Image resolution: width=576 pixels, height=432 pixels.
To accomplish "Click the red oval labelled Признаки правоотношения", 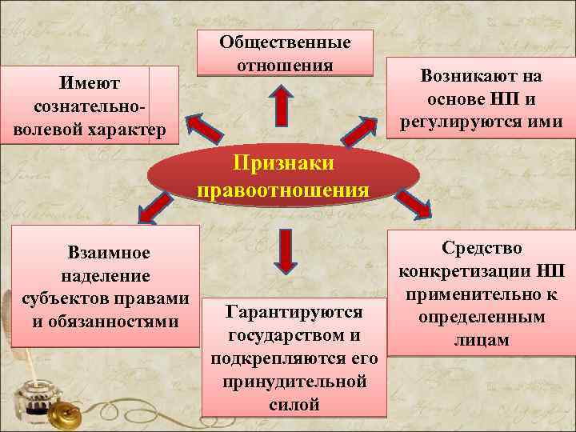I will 283,177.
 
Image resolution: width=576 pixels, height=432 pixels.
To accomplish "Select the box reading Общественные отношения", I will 285,53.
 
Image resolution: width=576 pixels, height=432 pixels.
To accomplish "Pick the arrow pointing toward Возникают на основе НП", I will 363,129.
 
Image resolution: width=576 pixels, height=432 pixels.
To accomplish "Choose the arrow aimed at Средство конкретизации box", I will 414,203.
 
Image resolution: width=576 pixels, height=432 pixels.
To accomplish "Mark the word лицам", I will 481,339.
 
